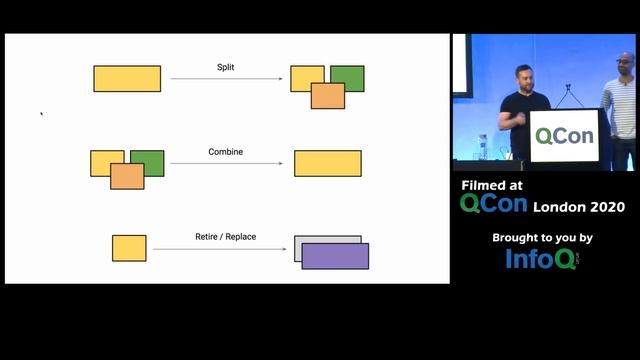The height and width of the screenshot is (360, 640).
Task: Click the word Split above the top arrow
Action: [226, 67]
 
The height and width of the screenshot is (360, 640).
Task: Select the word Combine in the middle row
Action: [225, 152]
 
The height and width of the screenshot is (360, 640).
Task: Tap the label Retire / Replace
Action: [225, 237]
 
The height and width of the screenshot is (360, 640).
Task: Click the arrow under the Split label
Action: [225, 79]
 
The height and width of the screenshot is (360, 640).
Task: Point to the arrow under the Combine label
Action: [225, 164]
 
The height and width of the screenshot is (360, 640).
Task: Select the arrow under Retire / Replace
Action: [225, 249]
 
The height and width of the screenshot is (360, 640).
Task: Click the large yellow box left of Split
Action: [127, 79]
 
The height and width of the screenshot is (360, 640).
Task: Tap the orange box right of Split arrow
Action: [328, 96]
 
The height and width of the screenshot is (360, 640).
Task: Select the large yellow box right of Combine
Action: [327, 164]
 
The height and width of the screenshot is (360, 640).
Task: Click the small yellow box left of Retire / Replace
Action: [129, 248]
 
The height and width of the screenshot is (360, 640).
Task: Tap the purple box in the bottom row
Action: [335, 257]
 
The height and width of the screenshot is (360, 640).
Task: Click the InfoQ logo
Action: [542, 259]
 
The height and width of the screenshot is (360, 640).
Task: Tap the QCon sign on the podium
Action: [564, 137]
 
